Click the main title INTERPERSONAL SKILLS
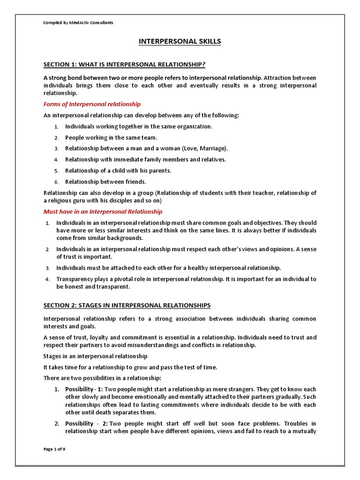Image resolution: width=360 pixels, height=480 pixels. [x=180, y=42]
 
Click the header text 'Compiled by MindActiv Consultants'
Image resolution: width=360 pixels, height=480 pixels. [x=78, y=22]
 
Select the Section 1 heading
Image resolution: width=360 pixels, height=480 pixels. [x=124, y=64]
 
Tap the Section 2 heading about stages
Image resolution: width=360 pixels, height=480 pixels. [x=127, y=305]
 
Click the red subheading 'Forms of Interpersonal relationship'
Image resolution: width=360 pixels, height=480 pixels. [x=92, y=104]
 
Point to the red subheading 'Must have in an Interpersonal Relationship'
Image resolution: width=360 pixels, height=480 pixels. [x=103, y=212]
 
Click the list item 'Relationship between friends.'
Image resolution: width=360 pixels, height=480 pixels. [x=105, y=181]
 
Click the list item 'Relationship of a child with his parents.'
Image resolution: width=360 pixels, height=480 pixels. [x=118, y=171]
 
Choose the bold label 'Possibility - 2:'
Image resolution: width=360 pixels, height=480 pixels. [x=85, y=424]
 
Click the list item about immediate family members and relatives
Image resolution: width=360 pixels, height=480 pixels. [x=145, y=159]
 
